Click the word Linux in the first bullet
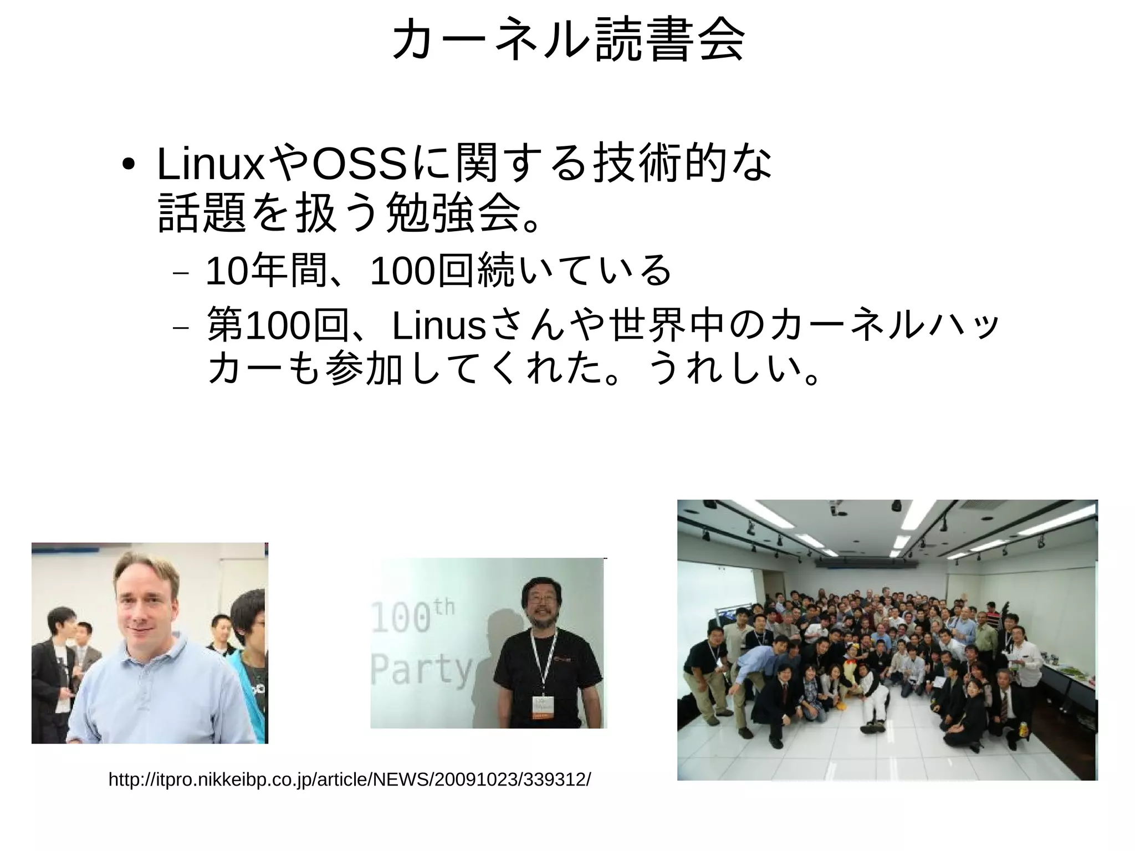(x=211, y=165)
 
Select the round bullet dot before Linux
(x=129, y=166)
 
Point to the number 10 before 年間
(x=226, y=271)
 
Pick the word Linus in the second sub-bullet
(x=438, y=327)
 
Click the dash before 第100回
(x=181, y=328)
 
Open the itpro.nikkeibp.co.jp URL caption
(x=350, y=779)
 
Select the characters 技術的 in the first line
(x=659, y=165)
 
